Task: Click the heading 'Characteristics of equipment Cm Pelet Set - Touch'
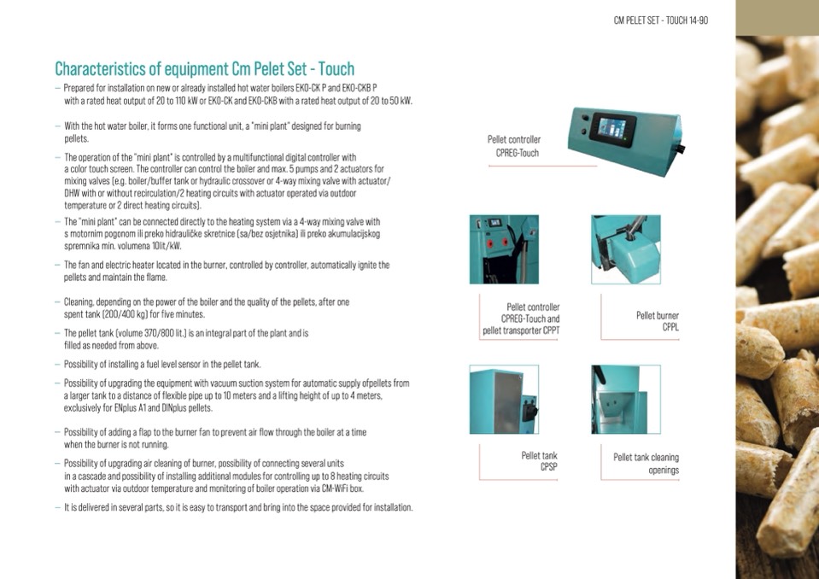click(205, 69)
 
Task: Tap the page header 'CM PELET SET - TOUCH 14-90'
click(661, 20)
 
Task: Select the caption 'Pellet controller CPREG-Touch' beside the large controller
click(514, 146)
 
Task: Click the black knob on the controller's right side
click(681, 149)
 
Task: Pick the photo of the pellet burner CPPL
click(626, 249)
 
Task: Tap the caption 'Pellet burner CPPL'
click(658, 321)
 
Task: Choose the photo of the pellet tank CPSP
click(504, 400)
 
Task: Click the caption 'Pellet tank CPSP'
click(539, 461)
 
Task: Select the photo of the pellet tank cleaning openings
click(626, 400)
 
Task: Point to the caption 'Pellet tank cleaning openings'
click(646, 464)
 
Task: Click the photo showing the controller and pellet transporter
click(504, 249)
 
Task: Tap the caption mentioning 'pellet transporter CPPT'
click(521, 319)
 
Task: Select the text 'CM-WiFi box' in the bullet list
click(342, 488)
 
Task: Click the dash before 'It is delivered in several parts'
click(57, 507)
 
